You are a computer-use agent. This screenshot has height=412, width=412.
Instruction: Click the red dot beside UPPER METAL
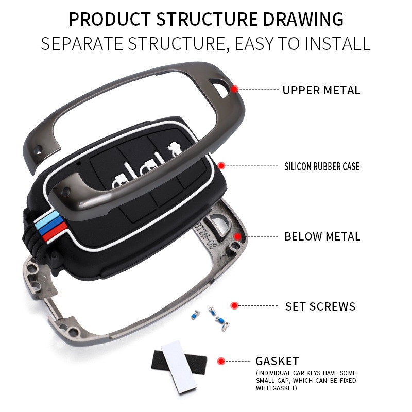[234, 89]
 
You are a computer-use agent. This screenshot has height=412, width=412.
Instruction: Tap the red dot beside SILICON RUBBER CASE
[221, 166]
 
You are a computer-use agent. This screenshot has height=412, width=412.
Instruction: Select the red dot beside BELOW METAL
[237, 236]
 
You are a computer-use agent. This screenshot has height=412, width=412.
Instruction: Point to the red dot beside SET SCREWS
[234, 305]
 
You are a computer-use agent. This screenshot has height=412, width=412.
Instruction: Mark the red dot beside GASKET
[221, 361]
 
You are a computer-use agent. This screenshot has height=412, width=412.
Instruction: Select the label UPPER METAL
[321, 90]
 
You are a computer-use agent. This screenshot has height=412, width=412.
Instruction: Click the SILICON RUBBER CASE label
[322, 166]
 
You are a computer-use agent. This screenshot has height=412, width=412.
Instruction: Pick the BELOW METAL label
[322, 237]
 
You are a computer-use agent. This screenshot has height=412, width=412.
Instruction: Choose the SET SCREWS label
[320, 306]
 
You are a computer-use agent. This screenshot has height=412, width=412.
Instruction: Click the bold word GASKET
[277, 361]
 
